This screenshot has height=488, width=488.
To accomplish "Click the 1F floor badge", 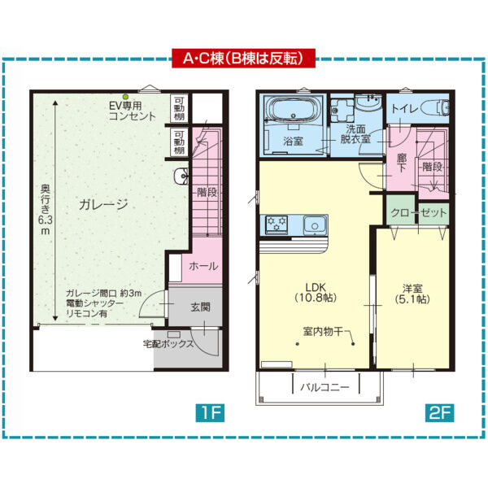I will [x=209, y=413].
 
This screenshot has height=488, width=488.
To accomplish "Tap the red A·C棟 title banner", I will [x=243, y=59].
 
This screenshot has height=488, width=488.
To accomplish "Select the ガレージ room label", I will [x=103, y=205].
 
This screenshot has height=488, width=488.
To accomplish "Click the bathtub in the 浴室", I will [x=294, y=111].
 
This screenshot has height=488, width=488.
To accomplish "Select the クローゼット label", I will [x=419, y=212].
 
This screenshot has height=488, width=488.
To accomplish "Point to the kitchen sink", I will [x=313, y=224].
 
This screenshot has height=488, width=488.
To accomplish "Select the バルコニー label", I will [x=323, y=386].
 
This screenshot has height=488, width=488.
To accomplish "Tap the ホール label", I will [x=203, y=266].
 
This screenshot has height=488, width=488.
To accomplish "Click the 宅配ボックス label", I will [x=168, y=344].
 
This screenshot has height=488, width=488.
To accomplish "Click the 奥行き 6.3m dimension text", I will [x=46, y=211].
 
